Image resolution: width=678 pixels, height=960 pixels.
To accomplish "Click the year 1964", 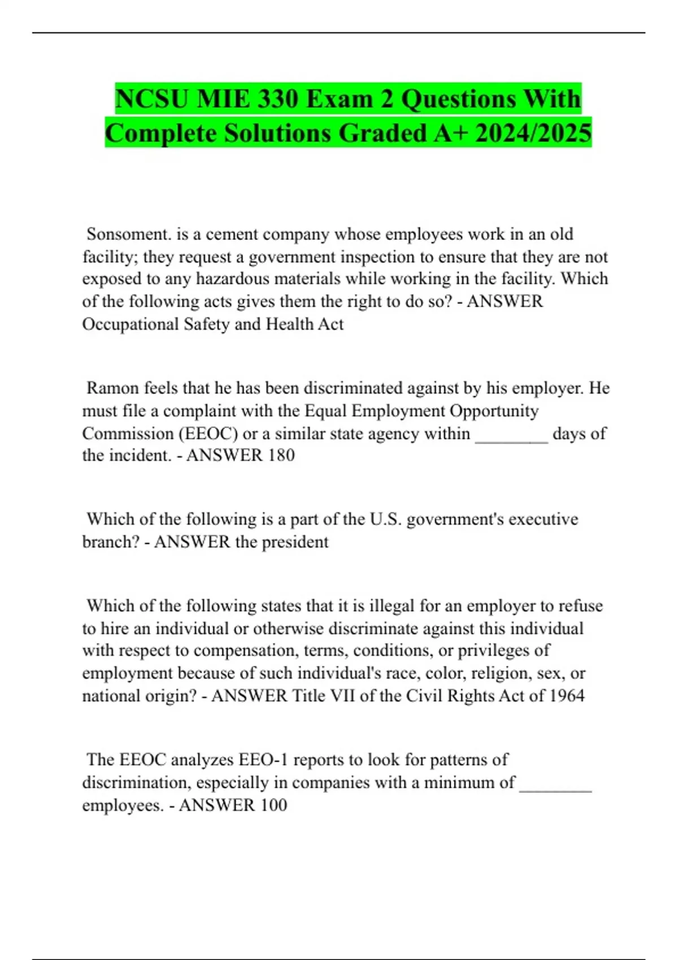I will click(x=566, y=696).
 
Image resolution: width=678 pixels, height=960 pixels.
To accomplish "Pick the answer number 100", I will click(x=273, y=805).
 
